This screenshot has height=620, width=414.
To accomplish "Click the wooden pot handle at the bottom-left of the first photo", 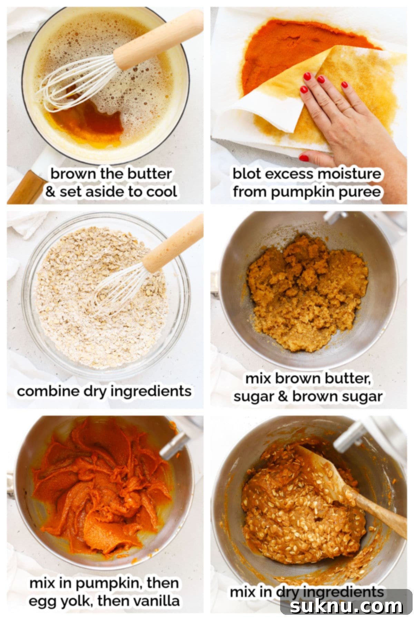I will tap(26, 188).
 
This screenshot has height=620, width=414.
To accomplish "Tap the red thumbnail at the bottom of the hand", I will tap(304, 158).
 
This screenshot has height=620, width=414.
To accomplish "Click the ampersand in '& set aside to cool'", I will tap(50, 192).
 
